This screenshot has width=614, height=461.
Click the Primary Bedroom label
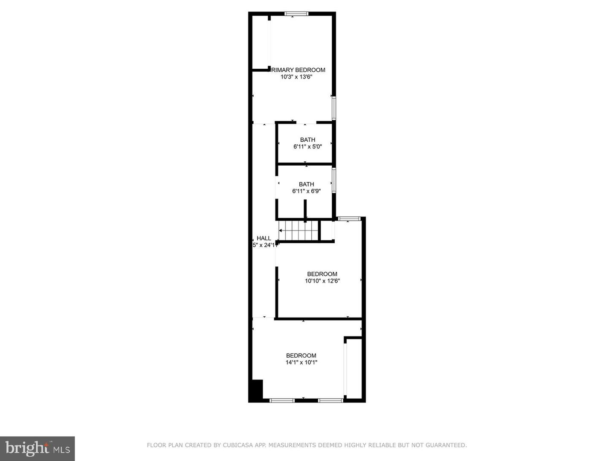point(298,70)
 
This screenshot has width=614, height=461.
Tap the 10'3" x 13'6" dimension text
point(296,77)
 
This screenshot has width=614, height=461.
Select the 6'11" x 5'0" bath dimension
point(307,146)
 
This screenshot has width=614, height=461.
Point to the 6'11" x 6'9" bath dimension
point(306,191)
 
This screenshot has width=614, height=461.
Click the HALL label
point(264,238)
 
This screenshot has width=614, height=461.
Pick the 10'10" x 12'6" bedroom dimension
point(322,281)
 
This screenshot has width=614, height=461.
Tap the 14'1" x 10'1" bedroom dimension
point(301,362)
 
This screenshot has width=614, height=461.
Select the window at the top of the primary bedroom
point(296,14)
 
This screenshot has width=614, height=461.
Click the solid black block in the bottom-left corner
point(256,390)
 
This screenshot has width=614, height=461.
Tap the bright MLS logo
point(38,448)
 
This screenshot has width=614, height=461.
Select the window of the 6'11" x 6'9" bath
point(334,180)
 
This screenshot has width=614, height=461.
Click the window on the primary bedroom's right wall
point(334,108)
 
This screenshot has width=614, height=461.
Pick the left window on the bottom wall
point(282,400)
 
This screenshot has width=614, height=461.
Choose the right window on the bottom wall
point(330,400)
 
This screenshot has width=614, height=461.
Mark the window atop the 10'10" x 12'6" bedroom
point(349,219)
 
